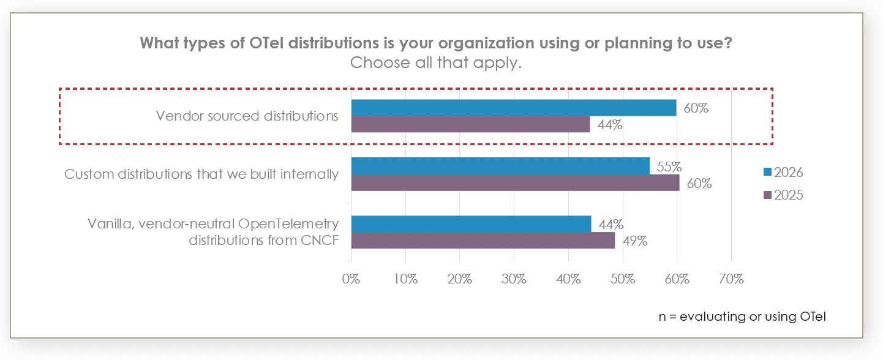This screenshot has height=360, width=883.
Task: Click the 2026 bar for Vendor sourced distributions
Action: pyautogui.click(x=513, y=108)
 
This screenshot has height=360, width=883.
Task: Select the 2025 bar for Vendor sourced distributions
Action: pyautogui.click(x=470, y=124)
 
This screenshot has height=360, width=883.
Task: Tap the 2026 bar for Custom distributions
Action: pyautogui.click(x=500, y=166)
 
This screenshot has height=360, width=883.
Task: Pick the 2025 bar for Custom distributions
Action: pyautogui.click(x=515, y=182)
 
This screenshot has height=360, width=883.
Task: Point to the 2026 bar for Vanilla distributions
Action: pyautogui.click(x=471, y=224)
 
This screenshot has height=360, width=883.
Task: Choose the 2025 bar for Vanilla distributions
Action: pyautogui.click(x=483, y=241)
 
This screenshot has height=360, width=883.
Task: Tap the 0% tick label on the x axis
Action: pyautogui.click(x=351, y=279)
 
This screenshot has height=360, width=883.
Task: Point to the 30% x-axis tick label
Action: pyautogui.click(x=514, y=279)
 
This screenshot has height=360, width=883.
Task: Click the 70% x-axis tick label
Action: pyautogui.click(x=731, y=279)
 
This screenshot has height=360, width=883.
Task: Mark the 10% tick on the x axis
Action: pyautogui.click(x=405, y=279)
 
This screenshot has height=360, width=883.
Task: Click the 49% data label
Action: pyautogui.click(x=634, y=241)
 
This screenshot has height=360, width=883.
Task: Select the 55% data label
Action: pyautogui.click(x=669, y=166)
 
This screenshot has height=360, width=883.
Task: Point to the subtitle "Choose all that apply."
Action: pyautogui.click(x=435, y=63)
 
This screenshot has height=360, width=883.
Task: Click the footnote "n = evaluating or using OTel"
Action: pyautogui.click(x=743, y=317)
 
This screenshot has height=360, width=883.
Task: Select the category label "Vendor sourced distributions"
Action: pyautogui.click(x=247, y=116)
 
